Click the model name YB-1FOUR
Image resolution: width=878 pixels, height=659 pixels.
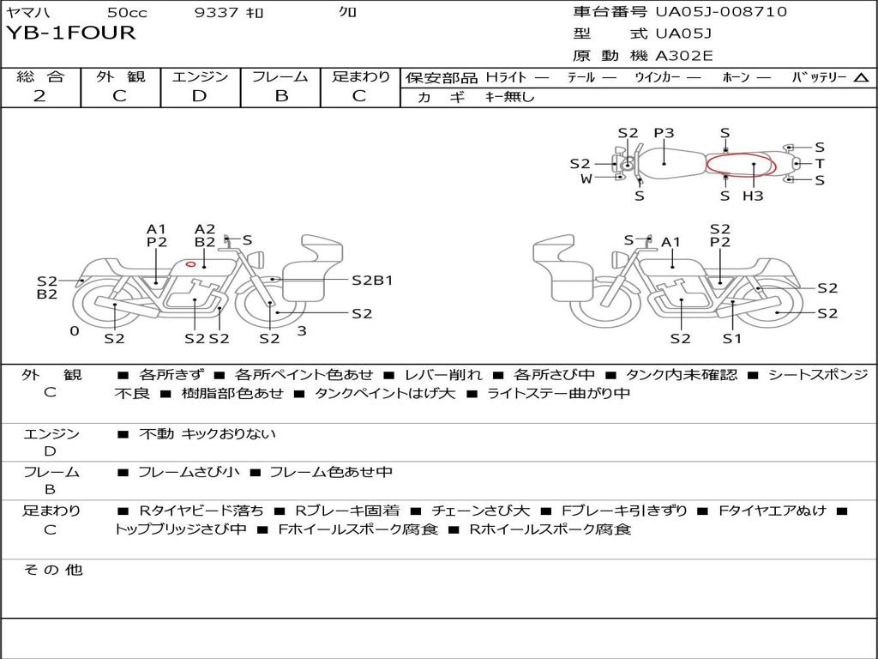tap(71, 33)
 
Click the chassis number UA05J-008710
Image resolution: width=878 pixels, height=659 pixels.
tap(720, 12)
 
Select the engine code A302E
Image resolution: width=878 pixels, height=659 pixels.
tap(683, 56)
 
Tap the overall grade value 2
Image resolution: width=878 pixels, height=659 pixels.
tap(39, 96)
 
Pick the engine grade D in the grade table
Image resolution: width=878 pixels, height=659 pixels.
tap(199, 96)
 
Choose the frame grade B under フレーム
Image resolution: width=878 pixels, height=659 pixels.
tap(280, 96)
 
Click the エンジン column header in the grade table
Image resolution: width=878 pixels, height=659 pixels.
tap(200, 76)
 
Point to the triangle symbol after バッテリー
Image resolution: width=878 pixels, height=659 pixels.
tap(861, 77)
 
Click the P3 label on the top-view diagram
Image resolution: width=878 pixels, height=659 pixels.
tap(664, 133)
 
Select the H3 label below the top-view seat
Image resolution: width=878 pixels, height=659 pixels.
tap(753, 196)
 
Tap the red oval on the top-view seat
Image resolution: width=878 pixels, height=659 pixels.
tap(741, 164)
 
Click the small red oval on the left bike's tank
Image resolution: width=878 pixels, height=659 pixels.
tap(191, 264)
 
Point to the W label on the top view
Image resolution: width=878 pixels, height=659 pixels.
tap(586, 178)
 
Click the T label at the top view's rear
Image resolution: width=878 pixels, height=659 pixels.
tap(820, 163)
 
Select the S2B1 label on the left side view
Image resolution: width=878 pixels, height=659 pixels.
tap(372, 280)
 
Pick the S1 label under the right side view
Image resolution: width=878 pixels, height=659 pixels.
tap(731, 338)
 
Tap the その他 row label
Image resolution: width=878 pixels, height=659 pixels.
tap(52, 570)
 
